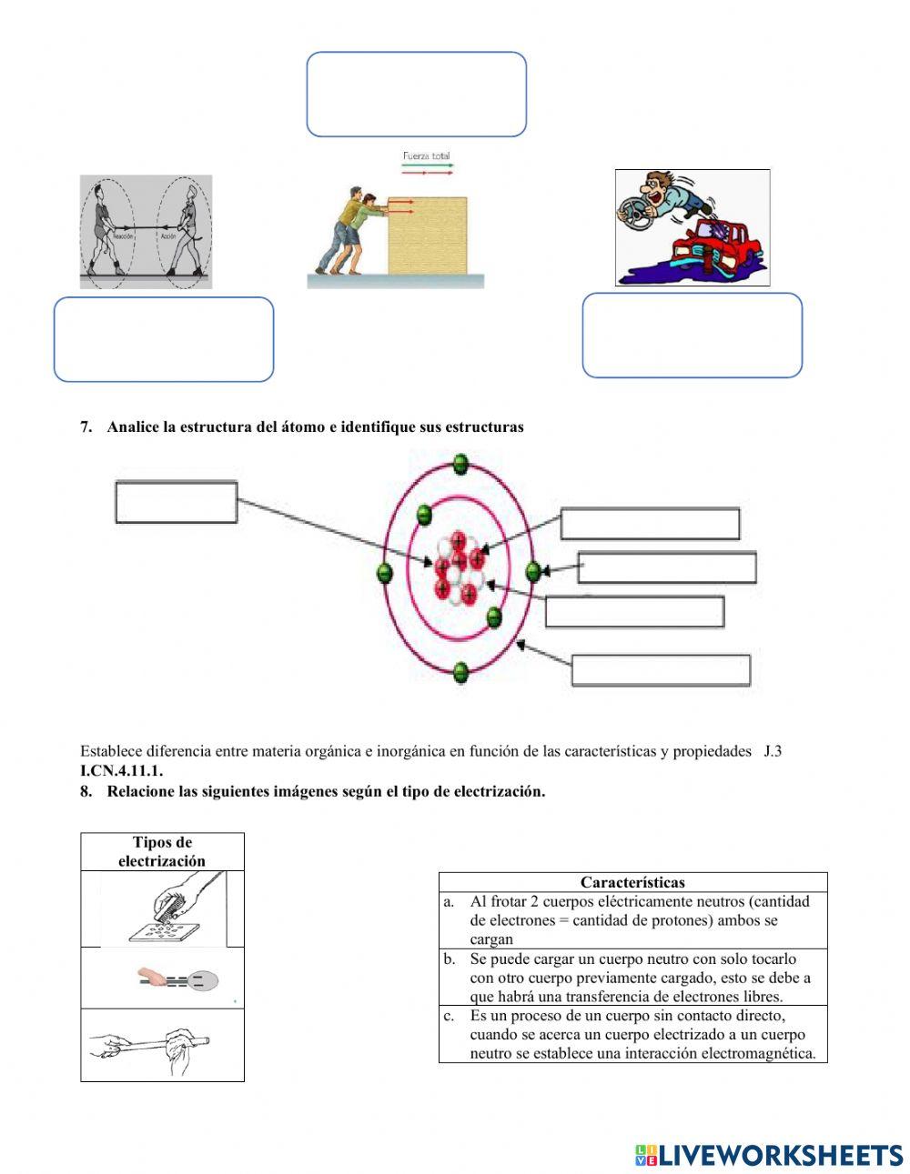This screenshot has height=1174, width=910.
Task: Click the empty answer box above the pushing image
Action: (x=416, y=95)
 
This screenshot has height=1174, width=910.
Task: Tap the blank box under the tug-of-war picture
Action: (x=164, y=339)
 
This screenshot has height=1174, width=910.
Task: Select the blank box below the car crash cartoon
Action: (x=692, y=335)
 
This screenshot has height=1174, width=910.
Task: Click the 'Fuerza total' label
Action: (x=426, y=156)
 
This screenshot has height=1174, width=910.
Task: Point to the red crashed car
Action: (x=714, y=247)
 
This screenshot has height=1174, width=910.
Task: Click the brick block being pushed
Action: (x=428, y=236)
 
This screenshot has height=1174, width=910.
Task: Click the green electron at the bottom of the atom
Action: (x=460, y=673)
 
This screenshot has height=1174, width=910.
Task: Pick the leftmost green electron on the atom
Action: (x=384, y=572)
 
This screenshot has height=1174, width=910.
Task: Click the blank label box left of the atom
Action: (x=177, y=502)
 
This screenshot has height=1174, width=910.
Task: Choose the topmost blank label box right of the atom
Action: (x=650, y=524)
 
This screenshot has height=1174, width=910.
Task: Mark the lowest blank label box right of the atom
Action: (x=661, y=670)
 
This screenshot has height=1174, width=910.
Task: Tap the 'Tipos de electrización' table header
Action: (x=162, y=852)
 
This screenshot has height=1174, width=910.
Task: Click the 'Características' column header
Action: (x=632, y=882)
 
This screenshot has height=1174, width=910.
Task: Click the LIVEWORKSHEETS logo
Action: (x=769, y=1155)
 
